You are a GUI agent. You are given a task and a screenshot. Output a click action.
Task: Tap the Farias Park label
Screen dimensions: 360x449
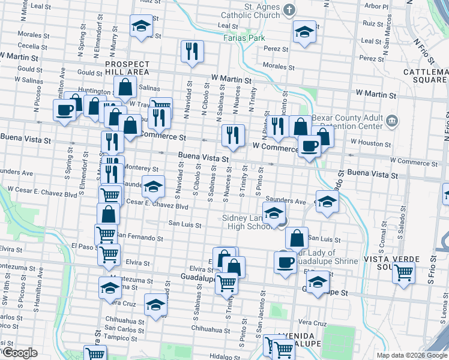tap(244, 37)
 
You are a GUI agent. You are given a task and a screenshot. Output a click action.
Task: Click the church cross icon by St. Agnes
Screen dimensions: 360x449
tap(289, 10)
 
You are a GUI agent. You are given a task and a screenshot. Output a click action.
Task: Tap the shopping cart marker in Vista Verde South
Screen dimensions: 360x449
tap(403, 272)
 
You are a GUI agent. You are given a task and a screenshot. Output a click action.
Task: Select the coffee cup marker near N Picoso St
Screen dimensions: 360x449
tap(64, 110)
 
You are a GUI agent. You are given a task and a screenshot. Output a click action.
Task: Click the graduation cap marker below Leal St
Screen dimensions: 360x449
tap(141, 26)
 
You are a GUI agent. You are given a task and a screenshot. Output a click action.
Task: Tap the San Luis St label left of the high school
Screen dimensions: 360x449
tap(184, 224)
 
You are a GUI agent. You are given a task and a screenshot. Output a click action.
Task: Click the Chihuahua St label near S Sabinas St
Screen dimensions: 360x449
tap(207, 328)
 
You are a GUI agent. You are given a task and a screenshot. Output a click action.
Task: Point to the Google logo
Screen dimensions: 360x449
tap(20, 353)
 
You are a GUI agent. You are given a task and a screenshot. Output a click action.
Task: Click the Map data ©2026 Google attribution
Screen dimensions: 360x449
tap(412, 355)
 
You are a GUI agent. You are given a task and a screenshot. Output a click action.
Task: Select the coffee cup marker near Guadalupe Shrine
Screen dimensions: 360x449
tap(285, 262)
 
